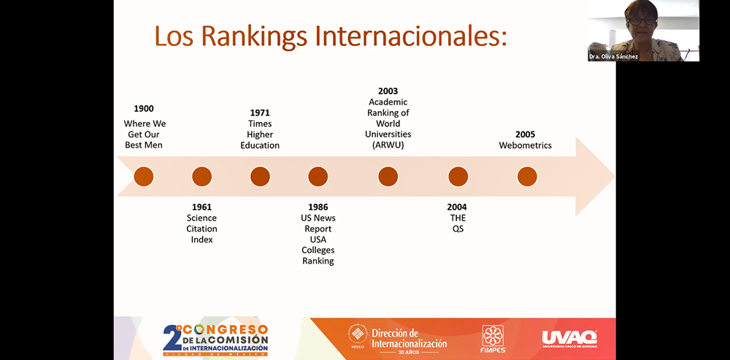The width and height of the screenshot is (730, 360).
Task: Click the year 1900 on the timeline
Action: tap(144, 109)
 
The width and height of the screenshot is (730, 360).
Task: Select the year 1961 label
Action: tap(201, 207)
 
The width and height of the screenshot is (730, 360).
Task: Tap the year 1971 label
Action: tap(260, 113)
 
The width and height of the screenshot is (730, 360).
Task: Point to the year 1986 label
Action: tap(318, 207)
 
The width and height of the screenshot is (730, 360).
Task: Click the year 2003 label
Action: tap(388, 91)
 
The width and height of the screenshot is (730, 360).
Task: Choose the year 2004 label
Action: tap(458, 207)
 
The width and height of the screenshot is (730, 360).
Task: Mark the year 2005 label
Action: tap(525, 134)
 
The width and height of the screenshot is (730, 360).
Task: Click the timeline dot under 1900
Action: tap(144, 177)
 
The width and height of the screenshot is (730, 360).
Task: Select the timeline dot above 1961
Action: tap(201, 177)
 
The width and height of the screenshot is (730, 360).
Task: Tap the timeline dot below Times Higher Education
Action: tap(260, 177)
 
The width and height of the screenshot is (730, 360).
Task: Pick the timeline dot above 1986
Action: tap(318, 177)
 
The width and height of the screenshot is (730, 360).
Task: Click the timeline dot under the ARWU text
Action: tap(388, 177)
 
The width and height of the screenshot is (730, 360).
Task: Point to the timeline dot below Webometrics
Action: tap(527, 177)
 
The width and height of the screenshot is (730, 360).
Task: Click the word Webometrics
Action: tap(525, 145)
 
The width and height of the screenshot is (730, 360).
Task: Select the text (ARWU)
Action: tap(388, 145)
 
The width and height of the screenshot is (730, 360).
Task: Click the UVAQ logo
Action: tap(569, 338)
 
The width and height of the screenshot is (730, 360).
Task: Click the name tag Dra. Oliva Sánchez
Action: tap(614, 56)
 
